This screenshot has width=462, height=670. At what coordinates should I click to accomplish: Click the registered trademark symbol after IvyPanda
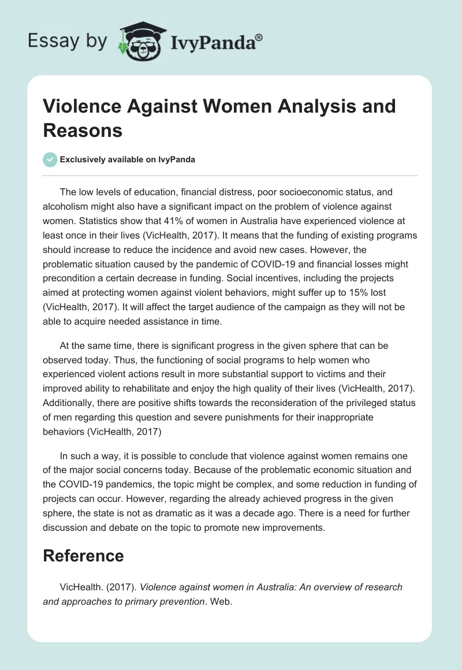pyautogui.click(x=259, y=38)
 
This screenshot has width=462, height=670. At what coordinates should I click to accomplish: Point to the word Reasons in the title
pyautogui.click(x=83, y=130)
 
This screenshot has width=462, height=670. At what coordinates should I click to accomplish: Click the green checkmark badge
pyautogui.click(x=50, y=159)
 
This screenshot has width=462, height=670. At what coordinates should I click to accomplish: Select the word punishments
pyautogui.click(x=278, y=417)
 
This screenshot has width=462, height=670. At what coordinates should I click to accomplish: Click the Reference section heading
pyautogui.click(x=83, y=556)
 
